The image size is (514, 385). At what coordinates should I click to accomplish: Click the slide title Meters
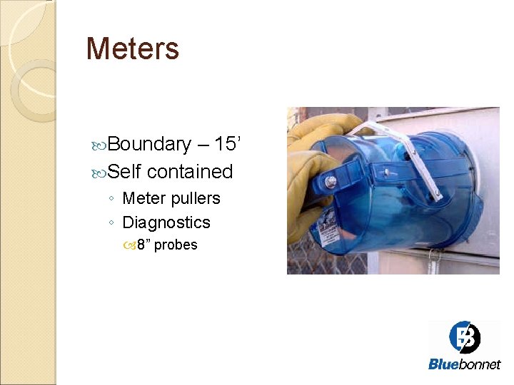click(x=132, y=49)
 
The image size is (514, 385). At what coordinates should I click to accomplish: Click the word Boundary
click(x=149, y=144)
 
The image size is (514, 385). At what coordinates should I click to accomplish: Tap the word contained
click(x=190, y=172)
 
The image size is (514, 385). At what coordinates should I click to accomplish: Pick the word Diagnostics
click(x=166, y=222)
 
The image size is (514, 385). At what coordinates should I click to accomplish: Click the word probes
click(x=176, y=245)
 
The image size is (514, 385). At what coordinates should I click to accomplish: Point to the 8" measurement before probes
click(x=144, y=245)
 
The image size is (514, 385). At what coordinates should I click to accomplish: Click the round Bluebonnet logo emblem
click(x=464, y=337)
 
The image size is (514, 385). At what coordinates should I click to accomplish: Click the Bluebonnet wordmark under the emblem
click(x=464, y=364)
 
